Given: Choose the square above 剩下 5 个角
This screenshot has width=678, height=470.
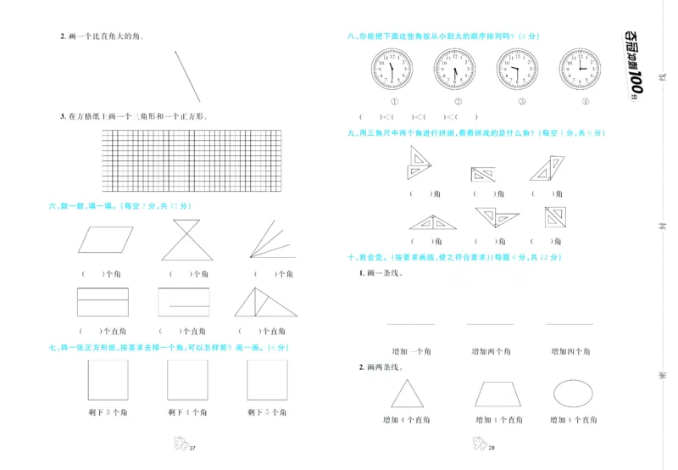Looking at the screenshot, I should pyautogui.click(x=267, y=379).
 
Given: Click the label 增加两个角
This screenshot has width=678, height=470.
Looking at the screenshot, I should pyautogui.click(x=489, y=350).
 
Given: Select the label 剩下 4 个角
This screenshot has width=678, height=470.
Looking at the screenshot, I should pyautogui.click(x=187, y=412).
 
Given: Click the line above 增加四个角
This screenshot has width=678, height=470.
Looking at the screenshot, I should pyautogui.click(x=570, y=324).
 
